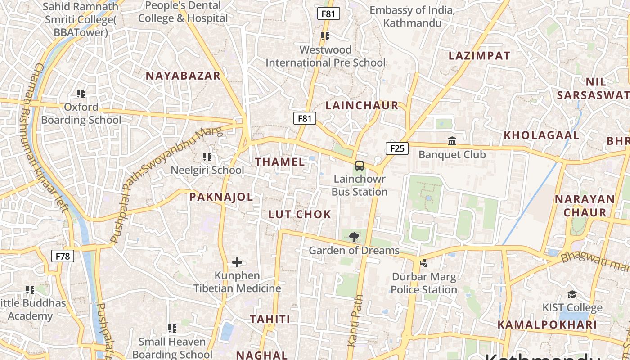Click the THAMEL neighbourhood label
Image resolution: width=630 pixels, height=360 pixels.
pyautogui.click(x=280, y=162)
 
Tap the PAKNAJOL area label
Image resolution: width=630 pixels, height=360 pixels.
pyautogui.click(x=221, y=197)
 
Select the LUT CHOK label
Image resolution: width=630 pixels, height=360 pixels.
pyautogui.click(x=300, y=214)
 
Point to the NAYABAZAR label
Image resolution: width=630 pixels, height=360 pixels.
pyautogui.click(x=183, y=76)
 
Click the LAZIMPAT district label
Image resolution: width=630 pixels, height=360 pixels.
pyautogui.click(x=479, y=56)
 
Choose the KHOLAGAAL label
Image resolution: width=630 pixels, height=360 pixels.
pyautogui.click(x=541, y=135)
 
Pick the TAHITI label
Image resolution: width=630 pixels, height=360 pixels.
pyautogui.click(x=270, y=319)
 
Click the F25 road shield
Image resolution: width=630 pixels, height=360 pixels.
pyautogui.click(x=397, y=148)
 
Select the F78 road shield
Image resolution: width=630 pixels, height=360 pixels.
pyautogui.click(x=63, y=256)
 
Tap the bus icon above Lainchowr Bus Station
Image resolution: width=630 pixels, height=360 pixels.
pyautogui.click(x=359, y=165)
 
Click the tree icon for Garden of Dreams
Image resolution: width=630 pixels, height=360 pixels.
pyautogui.click(x=354, y=237)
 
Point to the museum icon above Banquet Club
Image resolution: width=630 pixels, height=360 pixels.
pyautogui.click(x=452, y=141)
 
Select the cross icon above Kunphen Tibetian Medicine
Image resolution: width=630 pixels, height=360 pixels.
pyautogui.click(x=237, y=262)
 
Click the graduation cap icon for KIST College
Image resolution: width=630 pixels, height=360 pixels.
pyautogui.click(x=572, y=294)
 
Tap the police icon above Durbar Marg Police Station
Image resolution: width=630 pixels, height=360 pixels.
pyautogui.click(x=423, y=263)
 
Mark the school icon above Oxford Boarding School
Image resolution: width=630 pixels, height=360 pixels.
pyautogui.click(x=81, y=94)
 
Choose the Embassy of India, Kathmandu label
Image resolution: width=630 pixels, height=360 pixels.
pyautogui.click(x=412, y=16)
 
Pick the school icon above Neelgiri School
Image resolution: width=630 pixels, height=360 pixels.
pyautogui.click(x=207, y=157)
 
